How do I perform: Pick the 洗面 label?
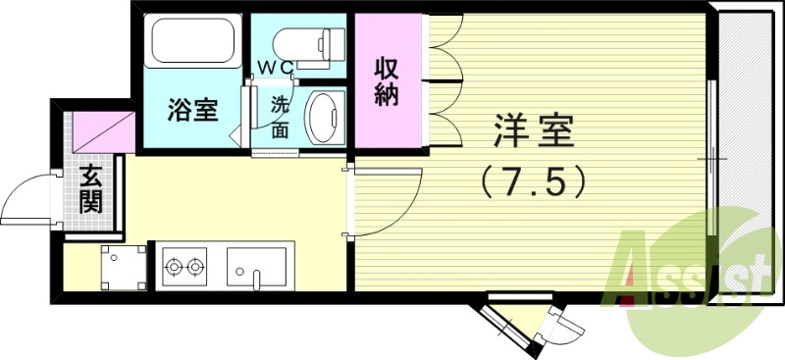tap(281, 116)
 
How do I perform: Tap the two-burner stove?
tap(184, 265)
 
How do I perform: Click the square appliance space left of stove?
tap(123, 268)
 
